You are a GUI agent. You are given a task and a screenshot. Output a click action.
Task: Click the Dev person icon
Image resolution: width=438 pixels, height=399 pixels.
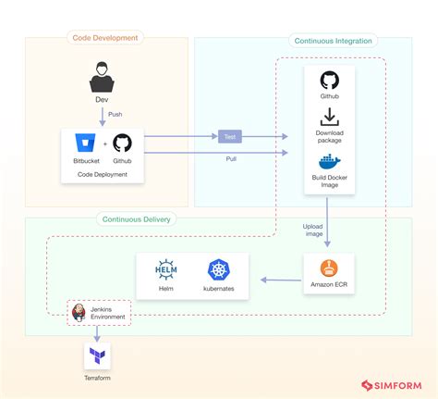coord(102,77)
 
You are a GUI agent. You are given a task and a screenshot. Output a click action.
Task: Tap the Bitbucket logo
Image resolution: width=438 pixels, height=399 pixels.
coord(85,143)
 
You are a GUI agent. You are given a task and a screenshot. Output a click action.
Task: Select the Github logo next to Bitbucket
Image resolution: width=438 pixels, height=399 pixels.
coord(122,143)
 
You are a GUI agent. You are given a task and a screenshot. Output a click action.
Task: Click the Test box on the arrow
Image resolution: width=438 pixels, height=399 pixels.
coord(230,137)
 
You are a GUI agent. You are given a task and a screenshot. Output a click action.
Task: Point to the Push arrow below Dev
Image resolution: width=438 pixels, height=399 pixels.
coord(103,117)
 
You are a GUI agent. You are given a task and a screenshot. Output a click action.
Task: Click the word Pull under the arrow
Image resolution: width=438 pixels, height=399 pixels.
coord(231,159)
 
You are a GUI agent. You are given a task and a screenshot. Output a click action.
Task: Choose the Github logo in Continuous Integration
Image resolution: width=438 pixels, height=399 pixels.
coord(330,81)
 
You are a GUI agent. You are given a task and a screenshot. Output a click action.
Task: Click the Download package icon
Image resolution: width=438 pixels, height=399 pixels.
coord(330,117)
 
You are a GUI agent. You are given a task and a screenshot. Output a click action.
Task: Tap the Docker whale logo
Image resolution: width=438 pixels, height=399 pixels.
coord(329,161)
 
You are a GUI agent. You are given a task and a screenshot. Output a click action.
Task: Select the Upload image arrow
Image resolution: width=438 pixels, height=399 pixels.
coord(327,222)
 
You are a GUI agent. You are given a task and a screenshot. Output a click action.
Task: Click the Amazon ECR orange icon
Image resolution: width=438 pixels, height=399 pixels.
coord(329,268)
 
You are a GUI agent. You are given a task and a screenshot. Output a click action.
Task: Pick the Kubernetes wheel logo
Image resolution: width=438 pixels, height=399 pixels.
coord(219,269)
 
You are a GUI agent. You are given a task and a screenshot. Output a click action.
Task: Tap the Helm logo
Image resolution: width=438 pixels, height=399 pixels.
coord(166,269)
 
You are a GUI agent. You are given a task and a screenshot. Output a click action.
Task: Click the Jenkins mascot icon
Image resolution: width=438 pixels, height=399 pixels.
coord(79,313)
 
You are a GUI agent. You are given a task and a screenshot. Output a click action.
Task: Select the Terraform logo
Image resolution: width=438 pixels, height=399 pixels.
coord(97,355)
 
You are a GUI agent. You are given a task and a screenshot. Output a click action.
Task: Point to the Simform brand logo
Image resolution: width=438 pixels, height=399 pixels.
coord(392,385)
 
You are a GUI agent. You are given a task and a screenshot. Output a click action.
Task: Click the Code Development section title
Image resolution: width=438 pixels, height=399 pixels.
coord(105,38)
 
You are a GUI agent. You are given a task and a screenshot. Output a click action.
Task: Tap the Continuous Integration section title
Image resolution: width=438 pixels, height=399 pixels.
coord(333,41)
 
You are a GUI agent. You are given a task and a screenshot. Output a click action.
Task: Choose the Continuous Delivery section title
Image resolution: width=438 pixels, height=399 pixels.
coord(136,219)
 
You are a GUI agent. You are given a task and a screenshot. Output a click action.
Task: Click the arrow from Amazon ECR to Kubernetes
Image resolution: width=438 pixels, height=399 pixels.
coord(281,281)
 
